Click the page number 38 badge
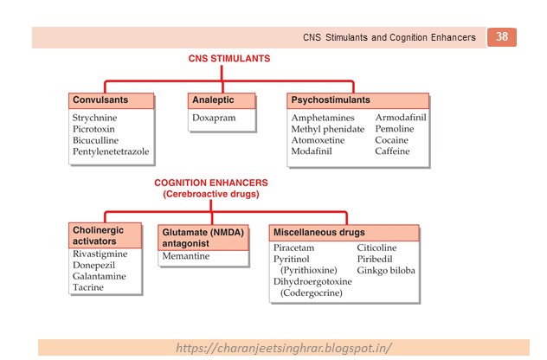[x=502, y=37]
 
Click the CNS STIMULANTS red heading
[x=229, y=59]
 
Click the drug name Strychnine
[x=95, y=117]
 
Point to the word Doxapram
[x=215, y=117]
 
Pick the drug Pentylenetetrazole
[x=111, y=151]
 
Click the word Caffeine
[x=392, y=151]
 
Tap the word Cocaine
[x=391, y=140]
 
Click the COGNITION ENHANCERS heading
[x=210, y=183]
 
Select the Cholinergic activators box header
[x=104, y=235]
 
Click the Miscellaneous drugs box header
[x=319, y=232]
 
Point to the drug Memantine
[x=185, y=257]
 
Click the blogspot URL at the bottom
[x=283, y=348]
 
